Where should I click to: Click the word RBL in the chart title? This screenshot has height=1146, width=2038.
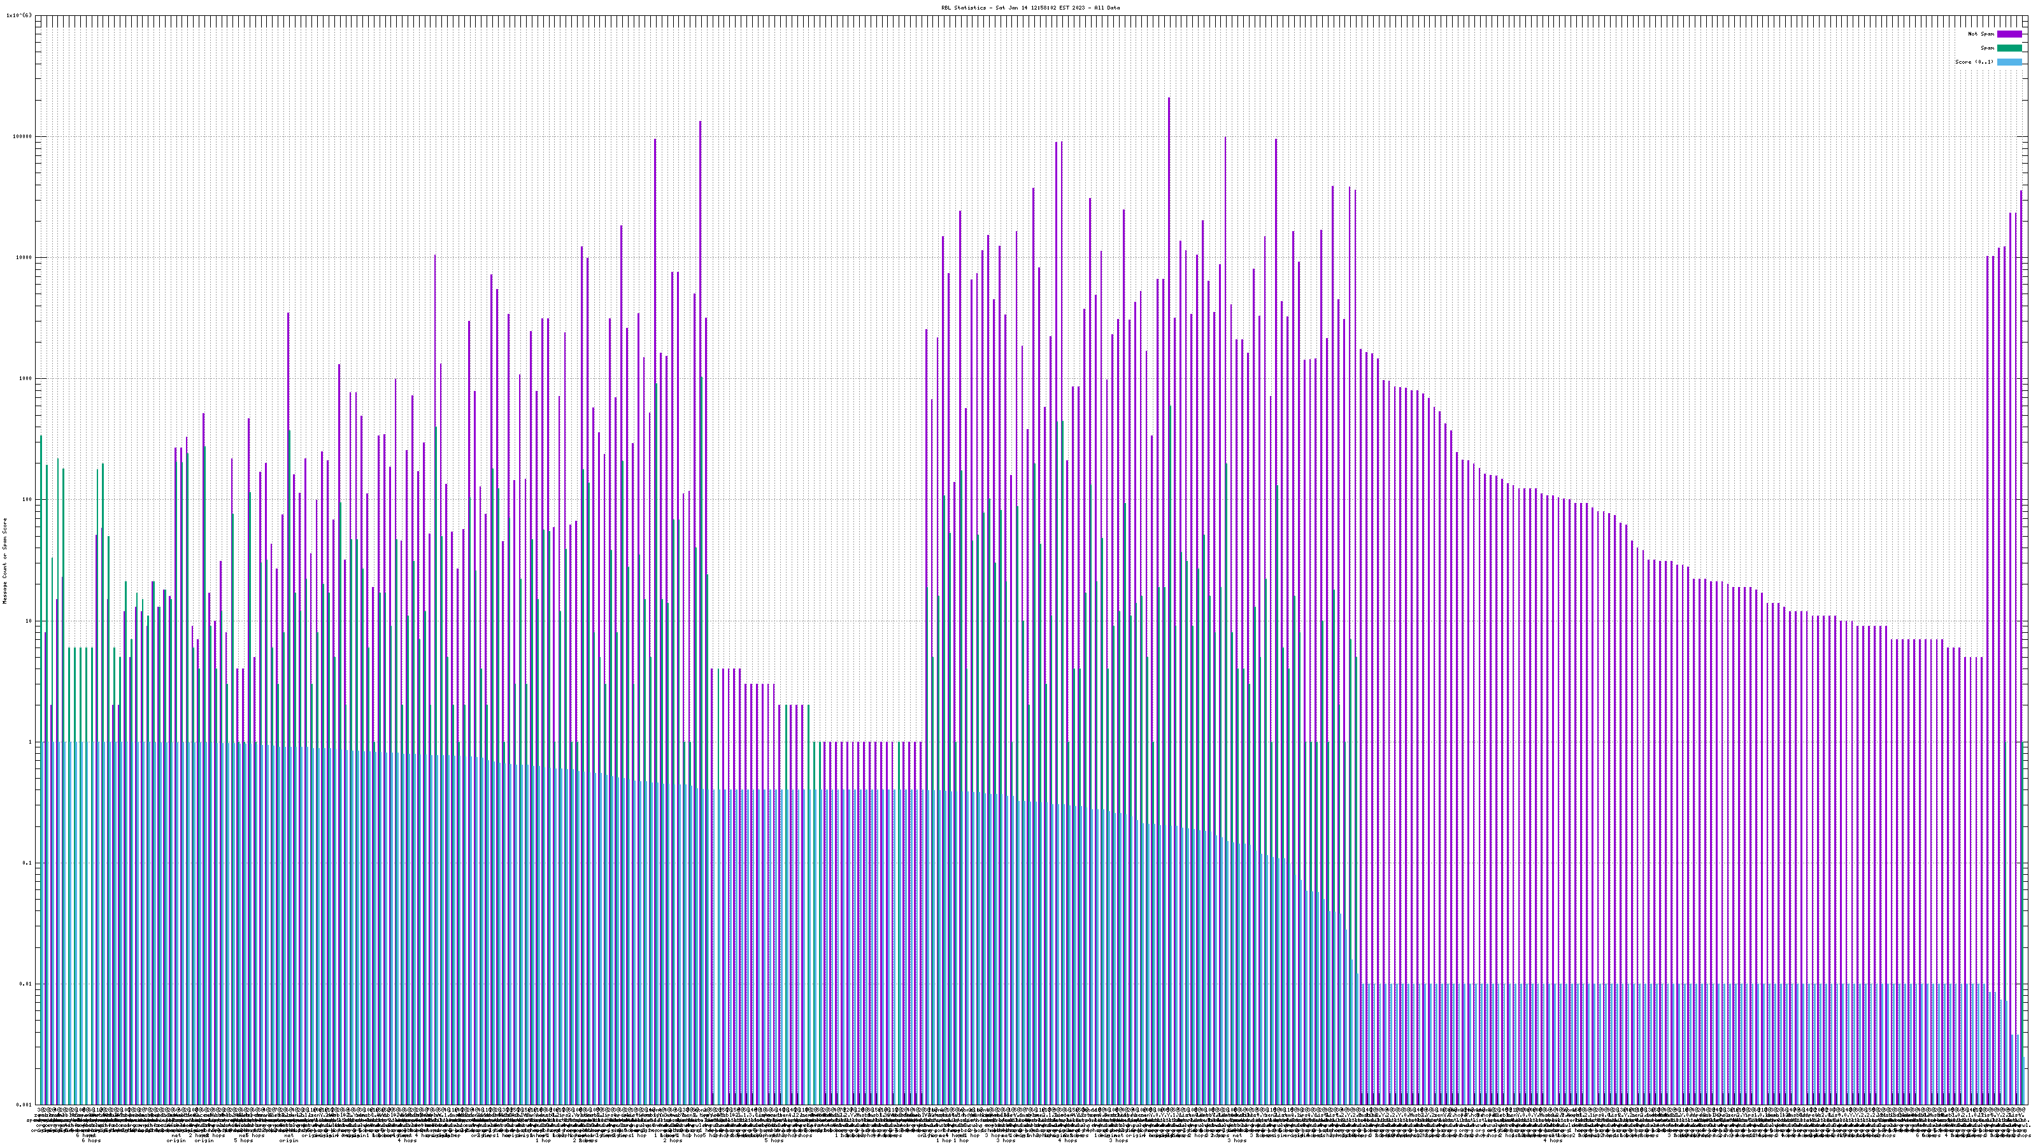coord(945,8)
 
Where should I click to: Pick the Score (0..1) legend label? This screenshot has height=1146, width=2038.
coord(1974,62)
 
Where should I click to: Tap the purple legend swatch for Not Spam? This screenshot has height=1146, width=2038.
coord(2009,34)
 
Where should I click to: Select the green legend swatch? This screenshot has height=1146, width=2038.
coord(2009,48)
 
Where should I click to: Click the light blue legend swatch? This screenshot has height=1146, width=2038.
coord(2009,62)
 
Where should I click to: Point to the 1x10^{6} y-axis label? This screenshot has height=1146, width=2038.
coord(19,15)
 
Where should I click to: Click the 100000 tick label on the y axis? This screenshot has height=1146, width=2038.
coord(23,136)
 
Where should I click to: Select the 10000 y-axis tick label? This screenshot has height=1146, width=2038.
coord(25,257)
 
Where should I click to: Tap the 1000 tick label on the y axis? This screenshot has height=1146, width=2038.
coord(26,378)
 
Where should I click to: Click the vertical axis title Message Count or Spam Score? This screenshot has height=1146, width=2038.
coord(4,560)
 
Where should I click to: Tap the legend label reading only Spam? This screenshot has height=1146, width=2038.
coord(1987,48)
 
